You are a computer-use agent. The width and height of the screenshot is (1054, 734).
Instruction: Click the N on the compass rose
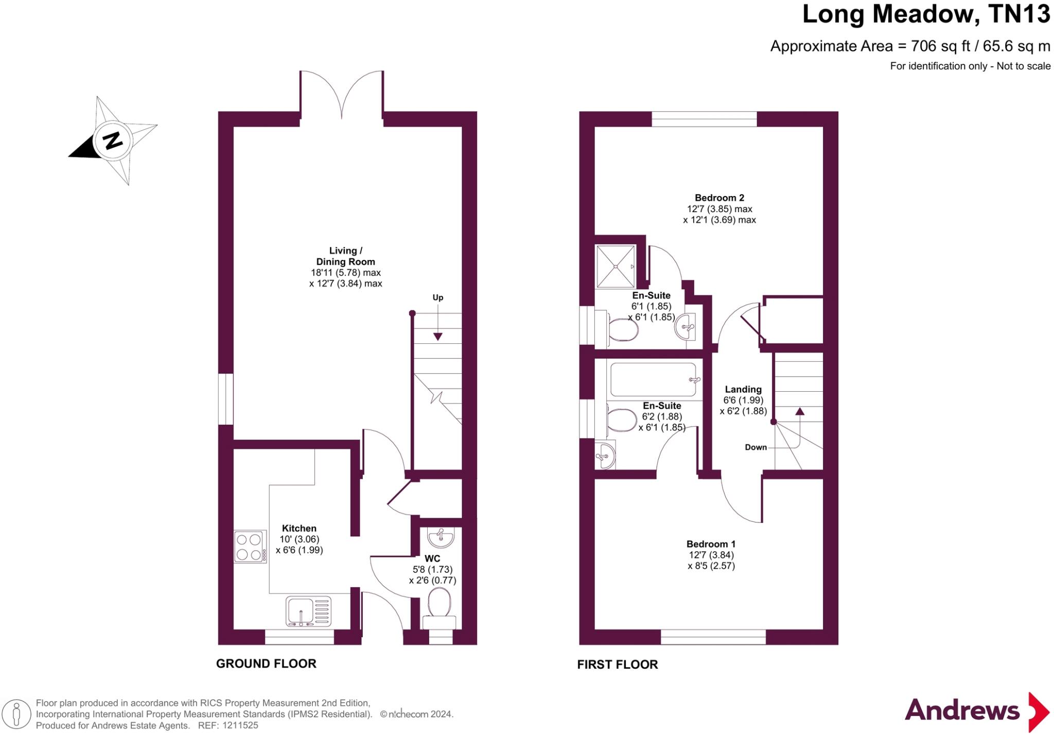point(113,140)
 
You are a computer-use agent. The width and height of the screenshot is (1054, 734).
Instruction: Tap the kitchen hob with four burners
point(250,547)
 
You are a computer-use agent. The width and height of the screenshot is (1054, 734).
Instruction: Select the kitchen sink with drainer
point(308,611)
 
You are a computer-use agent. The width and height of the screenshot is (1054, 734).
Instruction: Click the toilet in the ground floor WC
point(439,605)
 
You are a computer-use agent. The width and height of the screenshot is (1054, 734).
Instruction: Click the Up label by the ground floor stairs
point(437,298)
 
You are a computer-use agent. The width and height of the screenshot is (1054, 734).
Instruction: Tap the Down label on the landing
point(756,447)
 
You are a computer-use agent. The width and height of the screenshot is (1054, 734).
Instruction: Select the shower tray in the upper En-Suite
point(616,266)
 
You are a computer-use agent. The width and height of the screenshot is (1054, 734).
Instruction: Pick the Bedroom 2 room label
point(719,198)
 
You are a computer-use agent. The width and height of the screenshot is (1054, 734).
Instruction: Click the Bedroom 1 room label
point(711,544)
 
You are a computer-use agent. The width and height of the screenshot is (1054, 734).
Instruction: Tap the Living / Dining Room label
point(345,256)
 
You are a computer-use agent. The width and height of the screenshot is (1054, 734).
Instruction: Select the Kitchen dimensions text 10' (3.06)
point(299,539)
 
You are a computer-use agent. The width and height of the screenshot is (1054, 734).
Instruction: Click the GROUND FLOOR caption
point(266,663)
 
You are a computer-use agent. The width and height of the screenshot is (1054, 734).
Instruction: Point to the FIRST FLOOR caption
point(617,665)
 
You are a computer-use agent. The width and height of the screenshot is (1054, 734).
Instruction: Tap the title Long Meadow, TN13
point(926,14)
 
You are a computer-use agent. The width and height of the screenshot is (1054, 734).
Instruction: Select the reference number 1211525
point(240,725)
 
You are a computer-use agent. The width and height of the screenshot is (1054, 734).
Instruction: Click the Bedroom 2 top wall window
point(704,119)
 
